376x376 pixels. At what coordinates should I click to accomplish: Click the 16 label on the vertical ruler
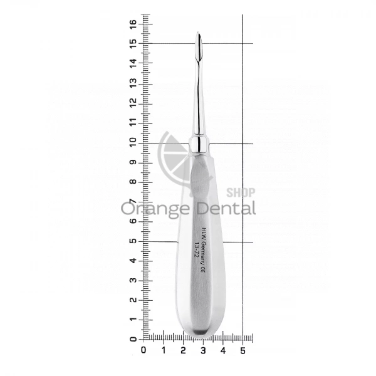[133, 24]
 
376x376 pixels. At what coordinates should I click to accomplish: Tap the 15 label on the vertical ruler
[133, 44]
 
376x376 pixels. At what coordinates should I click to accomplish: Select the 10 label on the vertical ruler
[133, 143]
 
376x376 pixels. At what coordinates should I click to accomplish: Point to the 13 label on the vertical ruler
[133, 83]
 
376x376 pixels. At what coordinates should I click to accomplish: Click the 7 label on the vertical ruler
[133, 202]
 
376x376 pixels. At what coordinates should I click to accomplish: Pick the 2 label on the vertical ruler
[133, 300]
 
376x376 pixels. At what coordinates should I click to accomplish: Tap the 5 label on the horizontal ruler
[243, 350]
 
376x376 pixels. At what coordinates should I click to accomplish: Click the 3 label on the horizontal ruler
[203, 350]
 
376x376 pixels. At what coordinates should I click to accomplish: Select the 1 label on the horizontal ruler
[164, 350]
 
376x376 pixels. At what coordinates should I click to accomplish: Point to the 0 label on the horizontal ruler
[144, 350]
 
